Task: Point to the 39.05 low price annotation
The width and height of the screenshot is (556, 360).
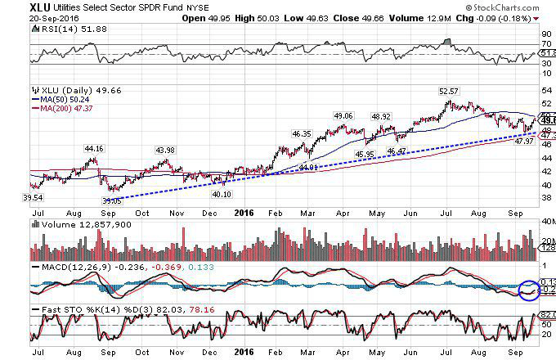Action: point(111,200)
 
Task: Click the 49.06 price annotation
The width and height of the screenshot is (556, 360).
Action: point(344,115)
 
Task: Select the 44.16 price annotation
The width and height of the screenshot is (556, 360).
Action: point(96,148)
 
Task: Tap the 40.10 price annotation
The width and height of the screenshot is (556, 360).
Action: point(222,195)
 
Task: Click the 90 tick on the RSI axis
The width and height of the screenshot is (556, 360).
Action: point(545,34)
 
